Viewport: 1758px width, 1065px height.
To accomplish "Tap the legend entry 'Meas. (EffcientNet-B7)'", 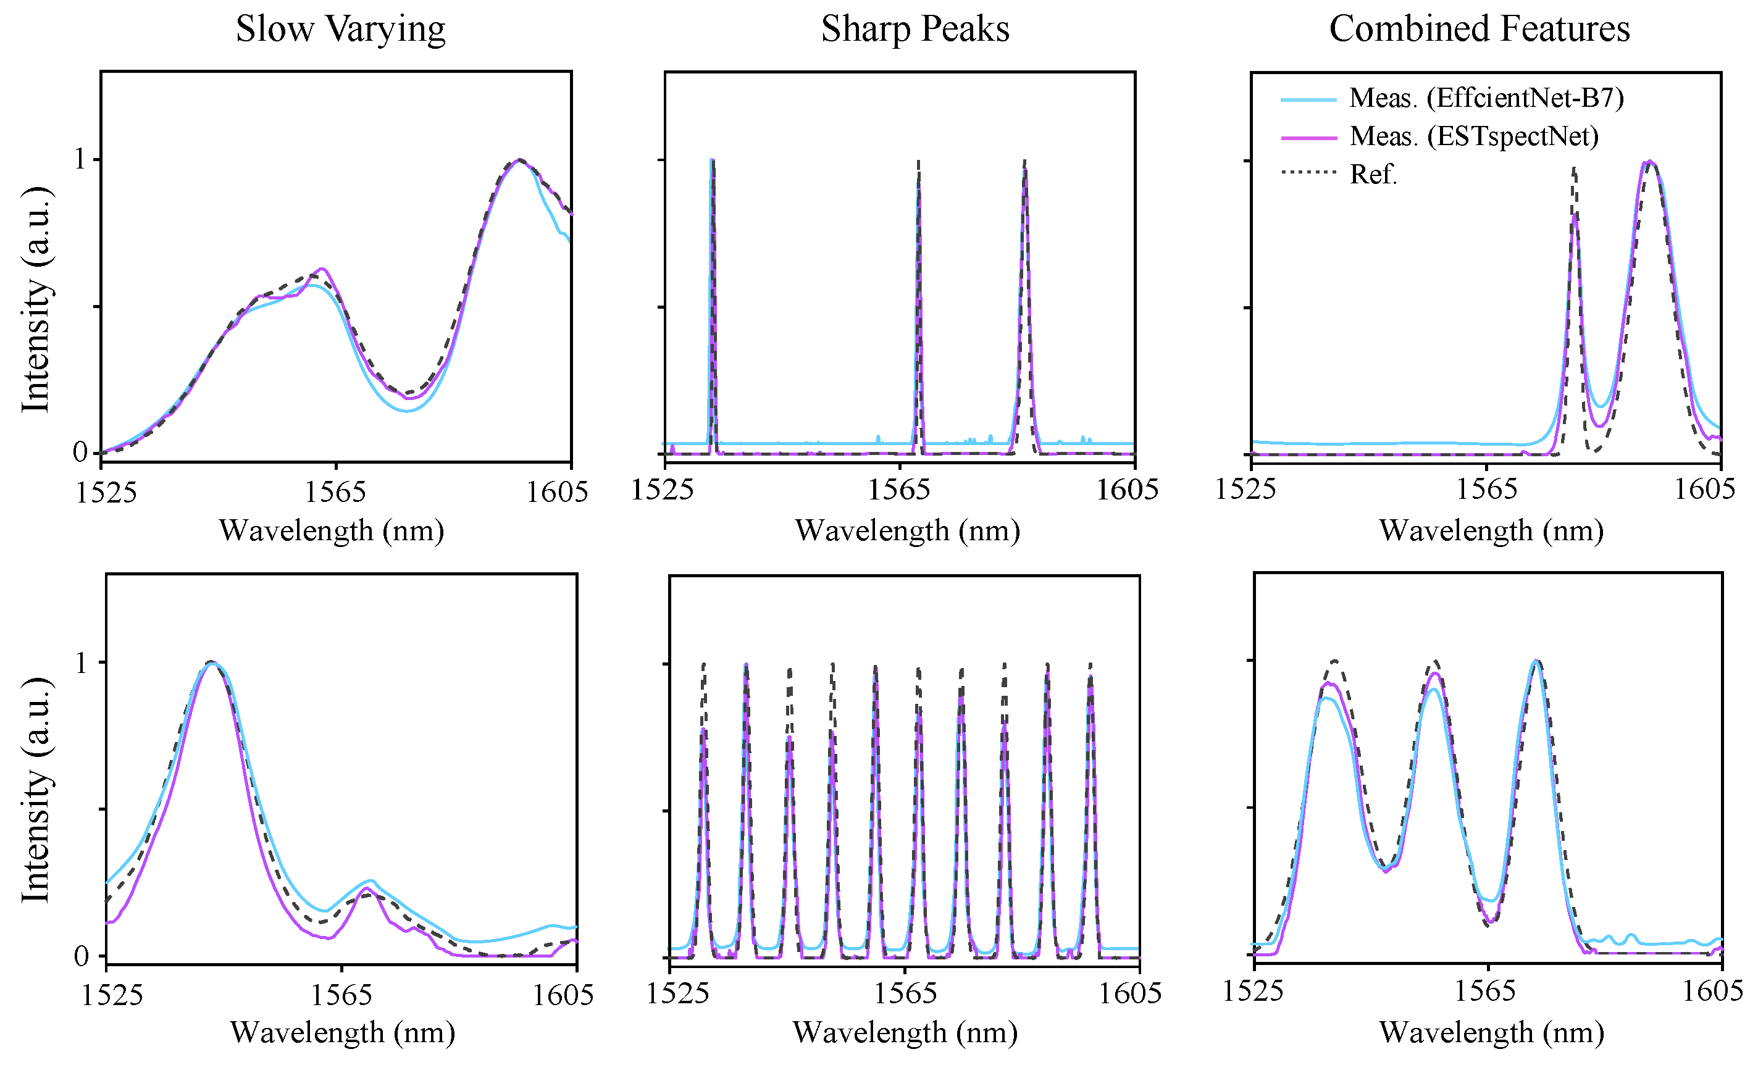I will [x=1486, y=98].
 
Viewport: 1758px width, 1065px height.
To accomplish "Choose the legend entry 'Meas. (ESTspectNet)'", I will [x=1473, y=136].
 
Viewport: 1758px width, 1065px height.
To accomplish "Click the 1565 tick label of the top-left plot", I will [x=335, y=492].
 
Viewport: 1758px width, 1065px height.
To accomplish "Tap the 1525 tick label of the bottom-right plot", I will [x=1253, y=991].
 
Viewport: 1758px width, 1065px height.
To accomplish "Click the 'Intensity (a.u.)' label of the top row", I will [x=36, y=299].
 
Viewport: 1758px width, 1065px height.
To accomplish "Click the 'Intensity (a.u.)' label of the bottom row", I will [x=36, y=790].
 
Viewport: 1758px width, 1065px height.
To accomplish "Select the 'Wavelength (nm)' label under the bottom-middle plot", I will [x=905, y=1033].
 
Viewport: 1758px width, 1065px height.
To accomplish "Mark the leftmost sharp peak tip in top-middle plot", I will [x=711, y=161].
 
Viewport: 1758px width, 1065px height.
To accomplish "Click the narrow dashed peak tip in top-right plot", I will [x=1574, y=170].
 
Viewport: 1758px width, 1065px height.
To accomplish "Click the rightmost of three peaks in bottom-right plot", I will [x=1536, y=662].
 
